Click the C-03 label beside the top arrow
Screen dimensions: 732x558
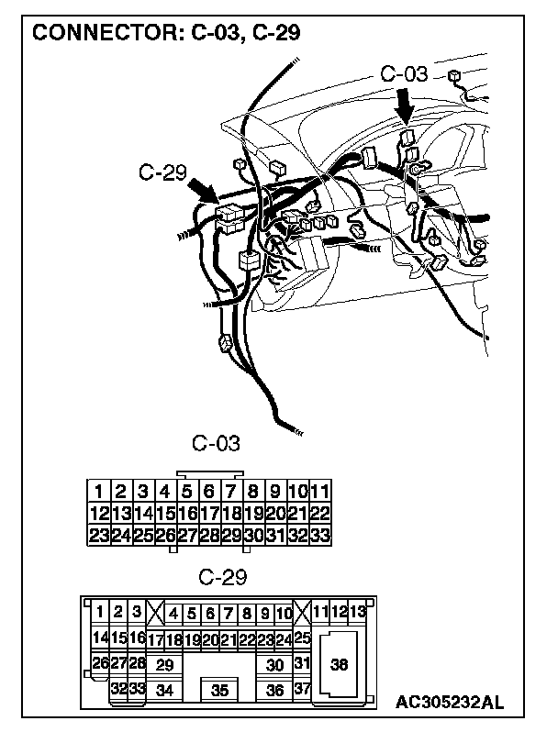pos(404,74)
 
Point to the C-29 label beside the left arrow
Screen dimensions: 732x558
pos(162,171)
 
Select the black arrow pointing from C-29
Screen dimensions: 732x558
pos(201,192)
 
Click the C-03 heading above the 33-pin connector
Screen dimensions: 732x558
pos(216,444)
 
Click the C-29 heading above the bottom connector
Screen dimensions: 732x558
pos(222,577)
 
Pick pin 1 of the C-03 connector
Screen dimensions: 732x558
pos(99,492)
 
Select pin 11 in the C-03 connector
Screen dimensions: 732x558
pos(320,492)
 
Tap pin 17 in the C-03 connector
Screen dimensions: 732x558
pos(209,514)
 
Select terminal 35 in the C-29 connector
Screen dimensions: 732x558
pos(219,691)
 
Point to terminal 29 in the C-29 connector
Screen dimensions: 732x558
pos(165,665)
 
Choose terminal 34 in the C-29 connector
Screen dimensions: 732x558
pos(165,690)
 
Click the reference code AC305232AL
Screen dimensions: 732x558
pos(450,704)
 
